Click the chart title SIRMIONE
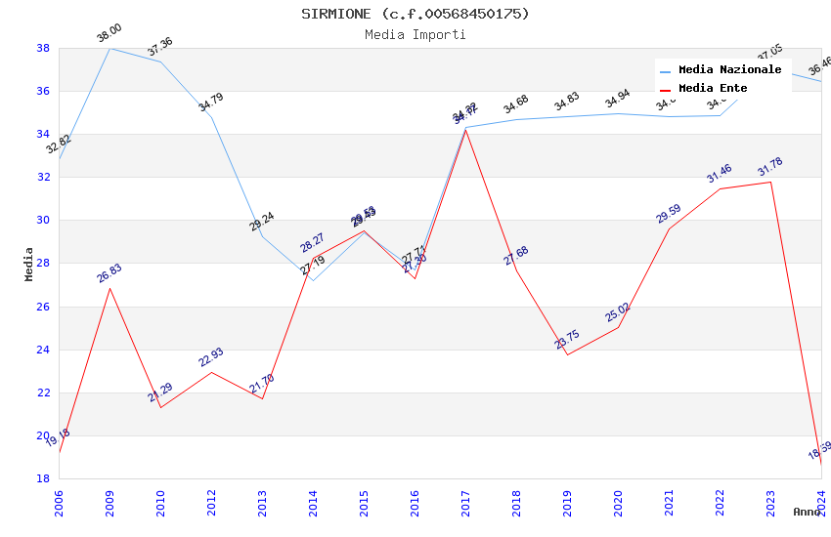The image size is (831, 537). click(x=415, y=14)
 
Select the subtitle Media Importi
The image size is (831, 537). click(x=415, y=35)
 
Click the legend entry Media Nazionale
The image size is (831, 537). click(x=729, y=70)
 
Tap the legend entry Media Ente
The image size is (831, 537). click(x=713, y=89)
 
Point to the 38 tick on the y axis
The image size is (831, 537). click(x=43, y=48)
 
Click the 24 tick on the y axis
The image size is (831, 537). click(x=43, y=350)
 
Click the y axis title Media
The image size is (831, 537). click(x=29, y=264)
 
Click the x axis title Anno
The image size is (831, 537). click(x=807, y=512)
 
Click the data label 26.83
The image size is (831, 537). click(x=109, y=273)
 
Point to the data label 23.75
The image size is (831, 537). click(x=567, y=340)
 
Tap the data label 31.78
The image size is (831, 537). click(x=770, y=167)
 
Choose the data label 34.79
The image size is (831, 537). click(x=210, y=103)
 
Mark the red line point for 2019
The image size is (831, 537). click(x=567, y=354)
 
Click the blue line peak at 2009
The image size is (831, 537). click(x=109, y=48)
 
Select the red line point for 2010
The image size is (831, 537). click(x=160, y=407)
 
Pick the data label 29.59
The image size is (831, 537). click(x=669, y=214)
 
